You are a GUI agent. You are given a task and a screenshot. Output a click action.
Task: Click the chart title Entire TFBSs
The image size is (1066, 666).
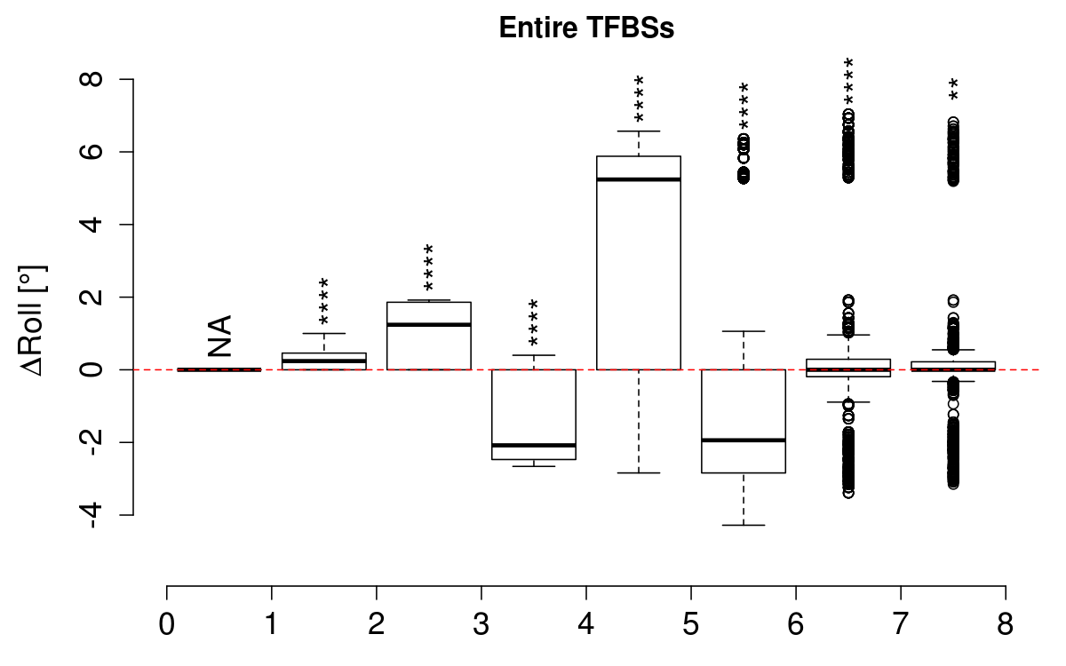point(586,28)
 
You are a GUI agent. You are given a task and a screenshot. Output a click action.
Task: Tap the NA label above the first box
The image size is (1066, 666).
point(219,336)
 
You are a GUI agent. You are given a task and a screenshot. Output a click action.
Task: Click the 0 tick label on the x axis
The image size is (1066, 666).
point(167,623)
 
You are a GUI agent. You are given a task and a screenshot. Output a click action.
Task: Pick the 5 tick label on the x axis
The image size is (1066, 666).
point(691,623)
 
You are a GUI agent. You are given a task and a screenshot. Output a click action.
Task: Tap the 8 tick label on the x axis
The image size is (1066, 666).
point(1006,623)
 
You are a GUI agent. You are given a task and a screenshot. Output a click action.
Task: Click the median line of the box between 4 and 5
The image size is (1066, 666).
point(639,179)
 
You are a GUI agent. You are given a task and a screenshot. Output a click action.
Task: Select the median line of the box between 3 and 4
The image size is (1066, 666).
point(534,445)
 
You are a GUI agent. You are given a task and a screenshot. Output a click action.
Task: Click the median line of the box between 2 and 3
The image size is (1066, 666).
point(429,324)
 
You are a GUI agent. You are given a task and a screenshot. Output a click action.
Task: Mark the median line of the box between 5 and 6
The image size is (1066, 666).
point(744,440)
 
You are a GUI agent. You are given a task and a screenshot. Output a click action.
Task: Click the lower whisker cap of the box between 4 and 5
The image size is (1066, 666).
point(639,472)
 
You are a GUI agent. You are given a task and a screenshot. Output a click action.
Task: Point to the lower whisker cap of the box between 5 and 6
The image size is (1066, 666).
point(744,525)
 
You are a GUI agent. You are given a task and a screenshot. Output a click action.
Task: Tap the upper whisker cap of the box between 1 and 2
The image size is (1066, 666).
point(324,333)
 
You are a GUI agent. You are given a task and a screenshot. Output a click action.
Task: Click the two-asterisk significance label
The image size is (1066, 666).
point(953,89)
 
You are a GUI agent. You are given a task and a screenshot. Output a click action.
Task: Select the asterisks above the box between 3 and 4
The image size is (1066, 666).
point(534,322)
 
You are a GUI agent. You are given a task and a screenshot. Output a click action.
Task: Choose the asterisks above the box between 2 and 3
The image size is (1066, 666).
point(429,267)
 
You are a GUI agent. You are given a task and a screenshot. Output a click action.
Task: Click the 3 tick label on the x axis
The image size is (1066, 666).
point(481,623)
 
